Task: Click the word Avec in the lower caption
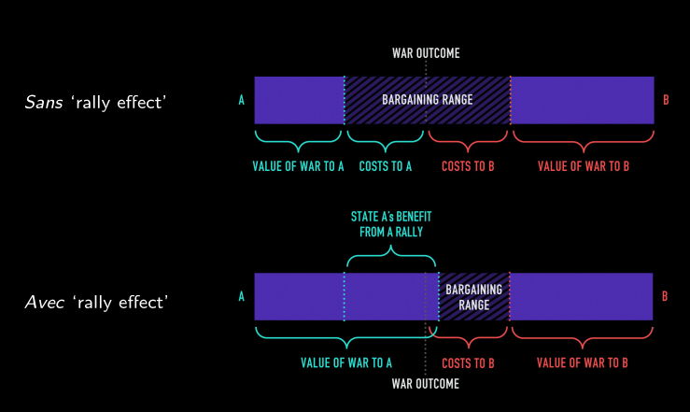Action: (x=43, y=303)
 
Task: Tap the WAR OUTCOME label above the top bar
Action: (x=426, y=52)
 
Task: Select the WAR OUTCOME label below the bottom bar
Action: (x=426, y=383)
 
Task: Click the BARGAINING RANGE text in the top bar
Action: (x=427, y=100)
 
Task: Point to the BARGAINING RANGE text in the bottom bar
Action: (x=474, y=297)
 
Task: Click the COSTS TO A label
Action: (x=386, y=166)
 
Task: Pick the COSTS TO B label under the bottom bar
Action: (x=468, y=362)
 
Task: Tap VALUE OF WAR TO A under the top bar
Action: (x=298, y=166)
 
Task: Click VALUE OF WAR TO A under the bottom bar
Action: (x=345, y=362)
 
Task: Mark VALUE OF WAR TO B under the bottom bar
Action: (x=583, y=362)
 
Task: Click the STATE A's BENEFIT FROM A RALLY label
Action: (x=390, y=223)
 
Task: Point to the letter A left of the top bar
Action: (x=241, y=100)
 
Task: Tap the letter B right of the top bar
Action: (x=665, y=100)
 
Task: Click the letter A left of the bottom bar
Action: (x=241, y=297)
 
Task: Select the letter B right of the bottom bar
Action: (x=665, y=297)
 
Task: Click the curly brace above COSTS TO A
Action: (x=385, y=143)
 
